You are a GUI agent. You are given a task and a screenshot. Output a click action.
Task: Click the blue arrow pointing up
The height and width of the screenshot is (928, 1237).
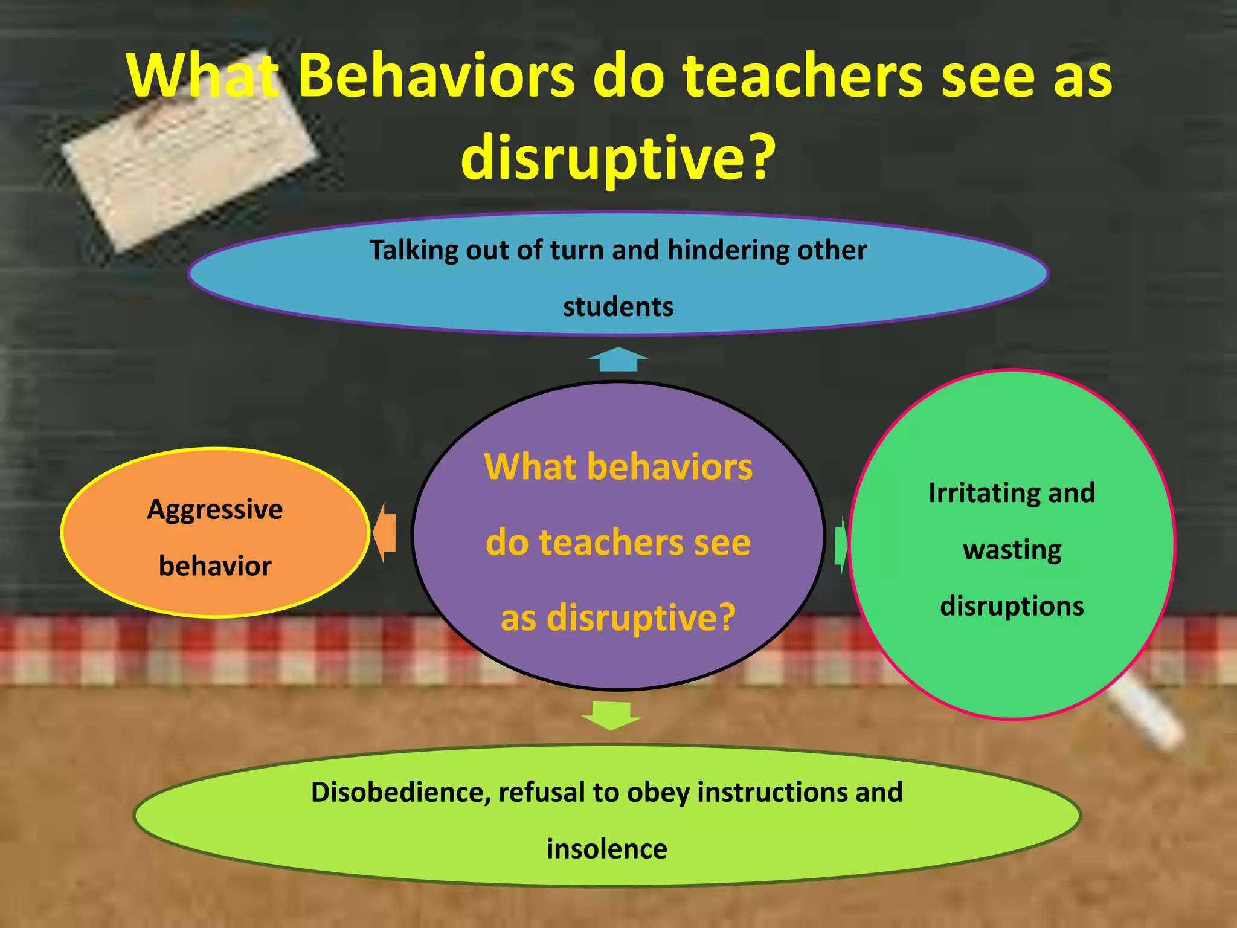point(618,359)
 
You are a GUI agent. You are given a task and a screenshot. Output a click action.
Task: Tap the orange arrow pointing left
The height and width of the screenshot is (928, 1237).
point(385,533)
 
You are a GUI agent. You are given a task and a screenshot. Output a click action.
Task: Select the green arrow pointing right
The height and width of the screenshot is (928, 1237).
point(841,545)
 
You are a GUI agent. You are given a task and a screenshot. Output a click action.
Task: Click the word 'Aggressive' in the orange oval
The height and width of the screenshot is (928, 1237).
point(215,510)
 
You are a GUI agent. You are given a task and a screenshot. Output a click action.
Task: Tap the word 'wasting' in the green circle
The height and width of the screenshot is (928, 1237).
point(1012,550)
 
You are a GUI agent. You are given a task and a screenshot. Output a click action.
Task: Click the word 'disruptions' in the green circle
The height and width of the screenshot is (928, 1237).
point(1012,606)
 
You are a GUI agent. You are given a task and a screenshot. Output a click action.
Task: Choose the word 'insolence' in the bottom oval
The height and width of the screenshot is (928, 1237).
point(607,849)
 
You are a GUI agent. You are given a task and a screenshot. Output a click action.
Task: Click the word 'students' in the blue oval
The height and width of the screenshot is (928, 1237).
point(618,307)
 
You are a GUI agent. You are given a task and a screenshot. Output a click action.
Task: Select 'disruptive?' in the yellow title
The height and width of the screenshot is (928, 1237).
point(617,157)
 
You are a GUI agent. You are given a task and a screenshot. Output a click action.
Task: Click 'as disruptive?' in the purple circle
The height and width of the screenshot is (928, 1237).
point(618,617)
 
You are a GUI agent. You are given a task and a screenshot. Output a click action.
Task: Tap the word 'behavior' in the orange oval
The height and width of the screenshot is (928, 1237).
point(215,566)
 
